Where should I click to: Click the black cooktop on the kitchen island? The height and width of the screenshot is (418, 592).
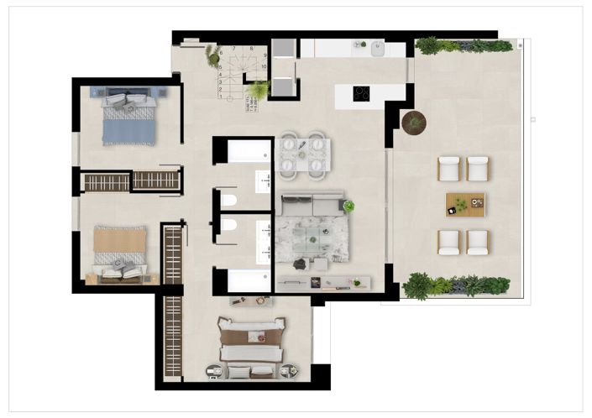click(362, 93)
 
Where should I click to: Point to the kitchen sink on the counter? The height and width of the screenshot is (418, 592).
click(376, 48)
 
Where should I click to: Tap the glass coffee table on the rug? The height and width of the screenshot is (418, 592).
click(309, 236)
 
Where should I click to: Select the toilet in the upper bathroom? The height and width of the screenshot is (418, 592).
click(227, 201)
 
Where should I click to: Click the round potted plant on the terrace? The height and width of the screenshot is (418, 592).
click(413, 123)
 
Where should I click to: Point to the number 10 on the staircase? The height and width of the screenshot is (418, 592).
click(264, 65)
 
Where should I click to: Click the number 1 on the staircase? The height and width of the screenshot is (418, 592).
click(221, 97)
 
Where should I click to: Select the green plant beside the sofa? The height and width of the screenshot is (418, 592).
click(348, 206)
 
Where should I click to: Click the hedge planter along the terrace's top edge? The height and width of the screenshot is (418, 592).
click(463, 45)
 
